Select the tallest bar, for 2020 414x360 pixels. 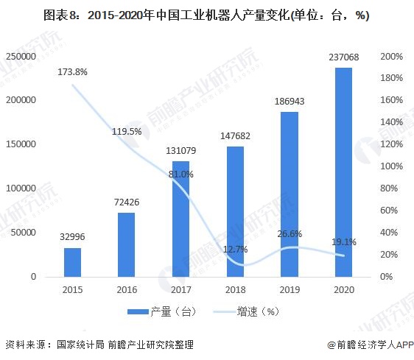(x=343, y=172)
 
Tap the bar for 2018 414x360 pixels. (x=235, y=211)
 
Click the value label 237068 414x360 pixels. (x=343, y=58)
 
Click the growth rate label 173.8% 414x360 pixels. (x=72, y=72)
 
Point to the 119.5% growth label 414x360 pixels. (x=127, y=131)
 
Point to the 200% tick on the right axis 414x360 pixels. (x=391, y=57)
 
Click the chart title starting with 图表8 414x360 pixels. (x=206, y=15)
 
